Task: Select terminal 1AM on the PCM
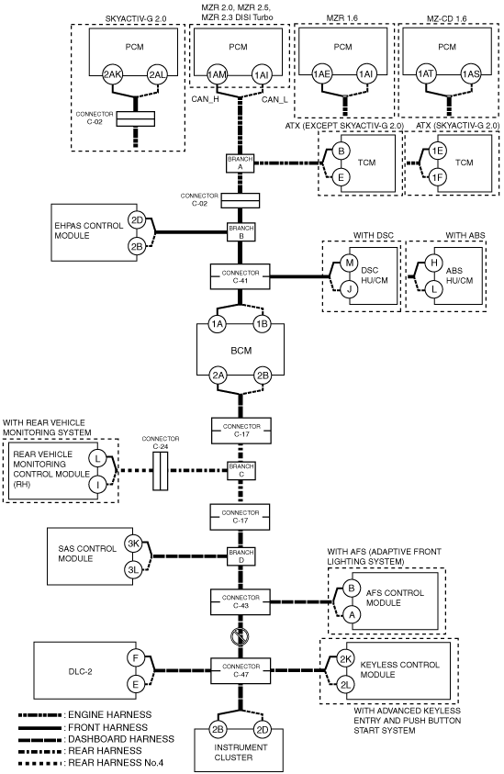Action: pos(217,75)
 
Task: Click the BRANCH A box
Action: pos(241,163)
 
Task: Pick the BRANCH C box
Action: pos(241,470)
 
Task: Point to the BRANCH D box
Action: pos(241,556)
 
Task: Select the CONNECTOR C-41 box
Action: pos(241,276)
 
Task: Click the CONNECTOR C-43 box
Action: pos(241,601)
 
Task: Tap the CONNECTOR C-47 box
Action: pos(241,670)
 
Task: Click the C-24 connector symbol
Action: pos(160,471)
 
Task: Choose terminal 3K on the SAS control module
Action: pos(133,544)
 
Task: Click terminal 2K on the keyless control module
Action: pos(345,658)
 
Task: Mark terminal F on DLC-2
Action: pos(135,658)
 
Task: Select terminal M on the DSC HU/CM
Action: pos(350,263)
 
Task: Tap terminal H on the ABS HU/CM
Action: pos(434,263)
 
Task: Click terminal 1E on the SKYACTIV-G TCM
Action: pos(436,151)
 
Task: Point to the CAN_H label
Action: pos(206,99)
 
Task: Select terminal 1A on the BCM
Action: pos(218,324)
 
